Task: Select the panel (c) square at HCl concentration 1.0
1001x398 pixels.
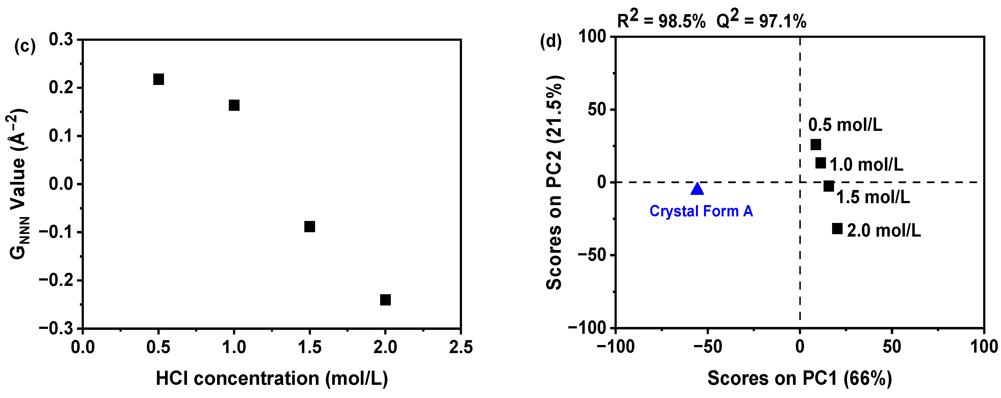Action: (234, 105)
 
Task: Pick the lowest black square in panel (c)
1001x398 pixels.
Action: (385, 300)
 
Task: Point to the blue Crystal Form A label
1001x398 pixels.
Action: (701, 211)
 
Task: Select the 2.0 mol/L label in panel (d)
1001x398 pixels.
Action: (884, 231)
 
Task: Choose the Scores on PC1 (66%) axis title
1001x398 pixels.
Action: (799, 378)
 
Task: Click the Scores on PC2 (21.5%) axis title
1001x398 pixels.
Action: (554, 182)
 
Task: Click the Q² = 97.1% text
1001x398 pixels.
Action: (761, 20)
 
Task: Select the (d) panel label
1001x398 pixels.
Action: (551, 42)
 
